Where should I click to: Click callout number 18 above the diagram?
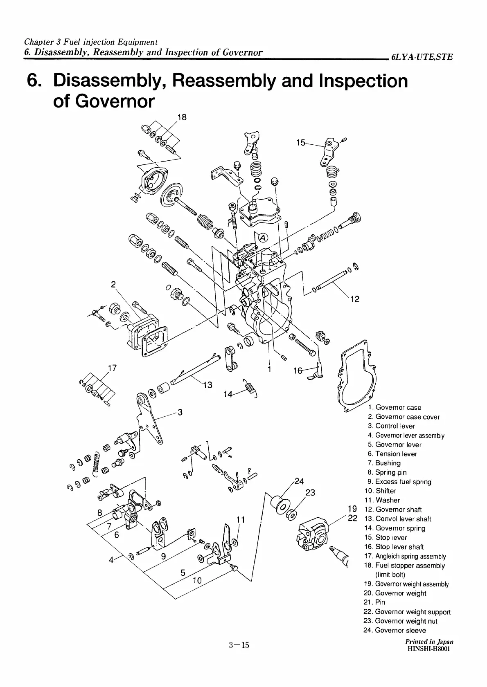click(x=182, y=118)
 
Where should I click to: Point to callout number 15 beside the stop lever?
click(x=301, y=143)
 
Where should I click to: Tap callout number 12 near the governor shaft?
click(x=355, y=299)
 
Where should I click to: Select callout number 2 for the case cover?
click(x=113, y=284)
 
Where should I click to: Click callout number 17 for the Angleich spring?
click(x=112, y=368)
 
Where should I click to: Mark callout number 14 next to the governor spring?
click(x=228, y=394)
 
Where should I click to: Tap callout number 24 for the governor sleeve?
click(x=299, y=481)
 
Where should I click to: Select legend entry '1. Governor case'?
click(x=394, y=407)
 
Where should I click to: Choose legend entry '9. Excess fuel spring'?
click(x=399, y=482)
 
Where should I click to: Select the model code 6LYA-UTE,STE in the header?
click(x=422, y=57)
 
